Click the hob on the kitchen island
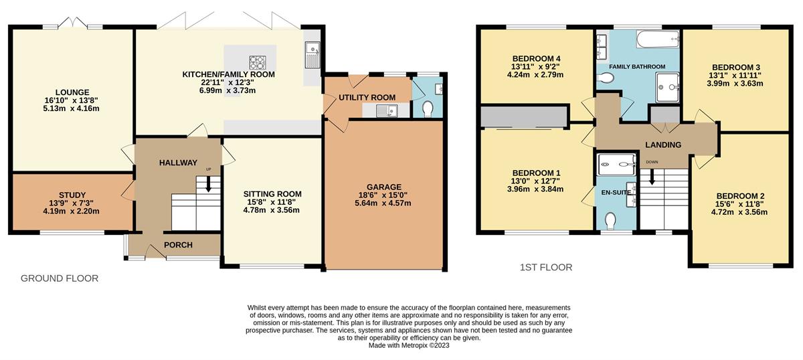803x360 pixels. [258, 62]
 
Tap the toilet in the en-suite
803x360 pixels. [610, 221]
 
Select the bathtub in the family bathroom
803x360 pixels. [658, 39]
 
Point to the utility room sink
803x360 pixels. [387, 111]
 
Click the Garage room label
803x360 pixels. [383, 187]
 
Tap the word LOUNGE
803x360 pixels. [72, 92]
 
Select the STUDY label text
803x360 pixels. [72, 195]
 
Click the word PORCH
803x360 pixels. [178, 245]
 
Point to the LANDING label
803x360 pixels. [663, 145]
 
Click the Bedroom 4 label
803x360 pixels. [536, 58]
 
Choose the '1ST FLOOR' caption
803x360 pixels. [546, 268]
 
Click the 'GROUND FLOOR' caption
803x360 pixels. [60, 278]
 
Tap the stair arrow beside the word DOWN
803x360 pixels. [652, 177]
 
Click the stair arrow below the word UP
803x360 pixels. [208, 183]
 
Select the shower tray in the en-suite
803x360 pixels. [616, 165]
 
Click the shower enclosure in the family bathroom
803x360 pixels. [668, 87]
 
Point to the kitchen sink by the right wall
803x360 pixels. [313, 55]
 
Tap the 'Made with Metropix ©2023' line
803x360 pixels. [409, 346]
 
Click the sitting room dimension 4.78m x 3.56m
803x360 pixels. [272, 210]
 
